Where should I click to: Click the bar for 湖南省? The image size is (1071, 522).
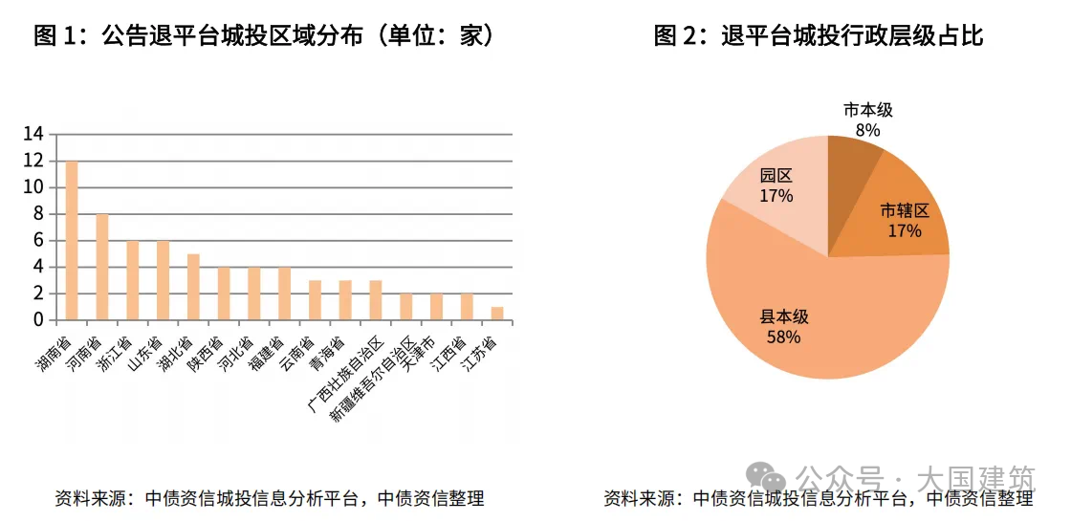(72, 241)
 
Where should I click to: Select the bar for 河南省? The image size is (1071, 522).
(102, 268)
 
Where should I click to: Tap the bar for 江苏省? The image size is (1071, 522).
(497, 314)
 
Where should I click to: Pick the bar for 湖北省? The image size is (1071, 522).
(193, 287)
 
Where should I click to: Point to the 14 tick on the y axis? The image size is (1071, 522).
(33, 135)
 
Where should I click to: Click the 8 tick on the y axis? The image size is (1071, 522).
(38, 214)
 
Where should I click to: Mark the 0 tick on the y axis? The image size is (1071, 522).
(38, 320)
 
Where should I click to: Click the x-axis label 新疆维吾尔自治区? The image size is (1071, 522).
(373, 379)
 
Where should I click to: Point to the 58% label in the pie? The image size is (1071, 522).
(783, 337)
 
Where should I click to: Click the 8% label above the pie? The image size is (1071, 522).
(868, 129)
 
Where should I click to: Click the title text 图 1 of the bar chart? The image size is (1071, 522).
(60, 36)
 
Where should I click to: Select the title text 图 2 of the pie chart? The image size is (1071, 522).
(680, 36)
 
